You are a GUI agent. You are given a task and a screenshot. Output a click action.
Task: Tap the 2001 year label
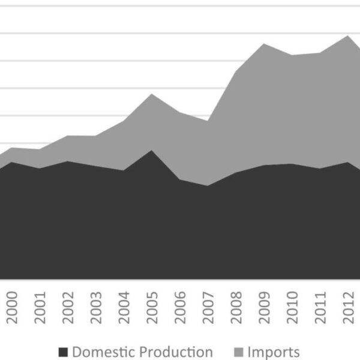(40, 308)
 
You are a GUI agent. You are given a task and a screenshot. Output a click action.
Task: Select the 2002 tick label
(68, 308)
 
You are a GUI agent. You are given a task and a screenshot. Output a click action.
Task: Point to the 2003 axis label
(96, 308)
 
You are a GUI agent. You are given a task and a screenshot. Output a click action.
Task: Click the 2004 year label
(124, 308)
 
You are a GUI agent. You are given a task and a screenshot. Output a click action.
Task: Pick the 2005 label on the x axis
(152, 308)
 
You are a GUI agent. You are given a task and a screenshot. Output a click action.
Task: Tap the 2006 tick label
(180, 308)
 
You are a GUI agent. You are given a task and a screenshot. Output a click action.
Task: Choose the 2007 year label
(208, 308)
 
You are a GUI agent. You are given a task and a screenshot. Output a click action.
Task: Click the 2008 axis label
(236, 308)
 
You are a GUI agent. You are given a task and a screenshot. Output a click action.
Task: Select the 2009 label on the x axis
(264, 308)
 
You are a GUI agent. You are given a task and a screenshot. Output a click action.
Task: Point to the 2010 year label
(292, 308)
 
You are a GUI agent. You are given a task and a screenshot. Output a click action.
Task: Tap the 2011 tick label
(320, 308)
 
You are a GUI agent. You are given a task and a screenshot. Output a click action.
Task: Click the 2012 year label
(348, 308)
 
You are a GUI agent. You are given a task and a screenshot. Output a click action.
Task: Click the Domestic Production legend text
(142, 352)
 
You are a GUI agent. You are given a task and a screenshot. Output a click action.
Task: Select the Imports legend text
(274, 352)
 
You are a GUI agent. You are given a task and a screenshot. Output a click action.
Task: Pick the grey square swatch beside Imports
(238, 352)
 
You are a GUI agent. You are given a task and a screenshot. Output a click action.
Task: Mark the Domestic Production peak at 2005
(152, 151)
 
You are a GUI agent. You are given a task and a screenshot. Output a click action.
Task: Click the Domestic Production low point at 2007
(208, 185)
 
